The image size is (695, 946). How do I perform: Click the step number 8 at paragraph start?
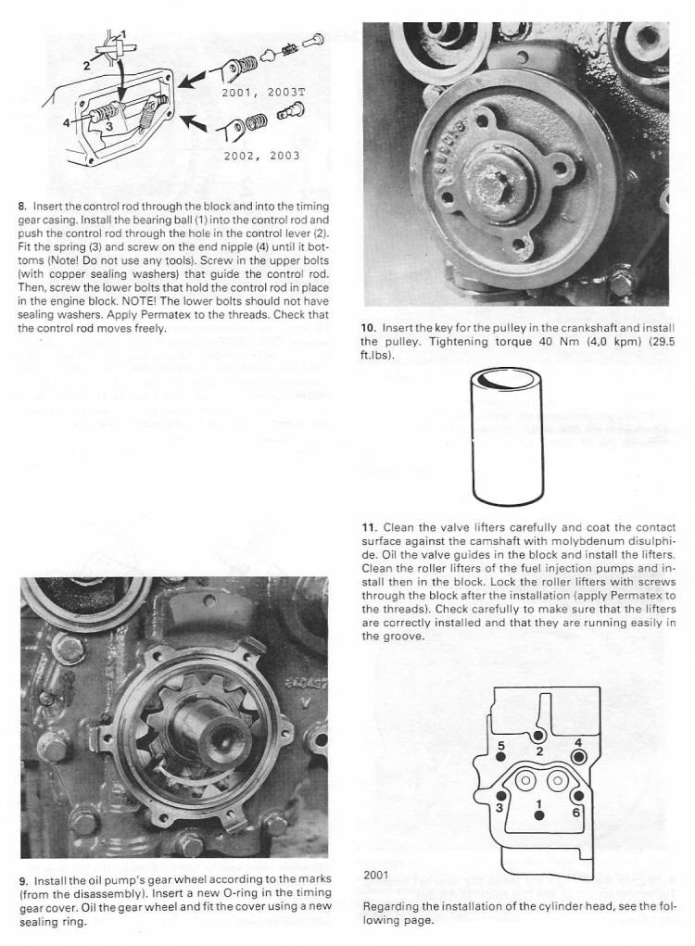22,205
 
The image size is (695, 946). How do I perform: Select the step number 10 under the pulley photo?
368,328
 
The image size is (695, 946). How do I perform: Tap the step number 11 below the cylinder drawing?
369,528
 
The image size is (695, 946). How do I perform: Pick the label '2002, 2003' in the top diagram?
262,156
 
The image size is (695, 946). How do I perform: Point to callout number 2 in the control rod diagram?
87,65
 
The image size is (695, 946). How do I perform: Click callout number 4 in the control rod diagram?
66,120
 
